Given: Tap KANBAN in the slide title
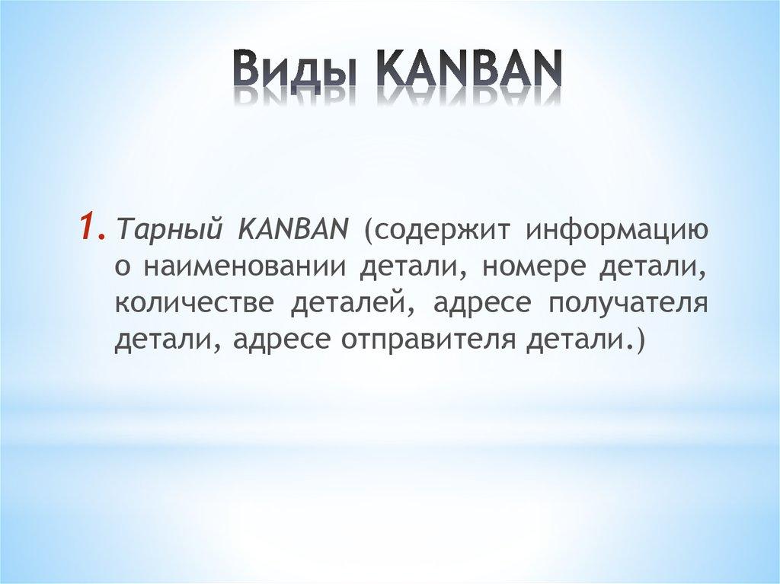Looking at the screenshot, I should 468,71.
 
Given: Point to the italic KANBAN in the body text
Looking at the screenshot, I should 292,229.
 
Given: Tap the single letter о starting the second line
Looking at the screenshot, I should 121,269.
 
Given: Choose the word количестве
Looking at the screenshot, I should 193,304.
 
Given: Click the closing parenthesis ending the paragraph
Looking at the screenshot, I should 638,340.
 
